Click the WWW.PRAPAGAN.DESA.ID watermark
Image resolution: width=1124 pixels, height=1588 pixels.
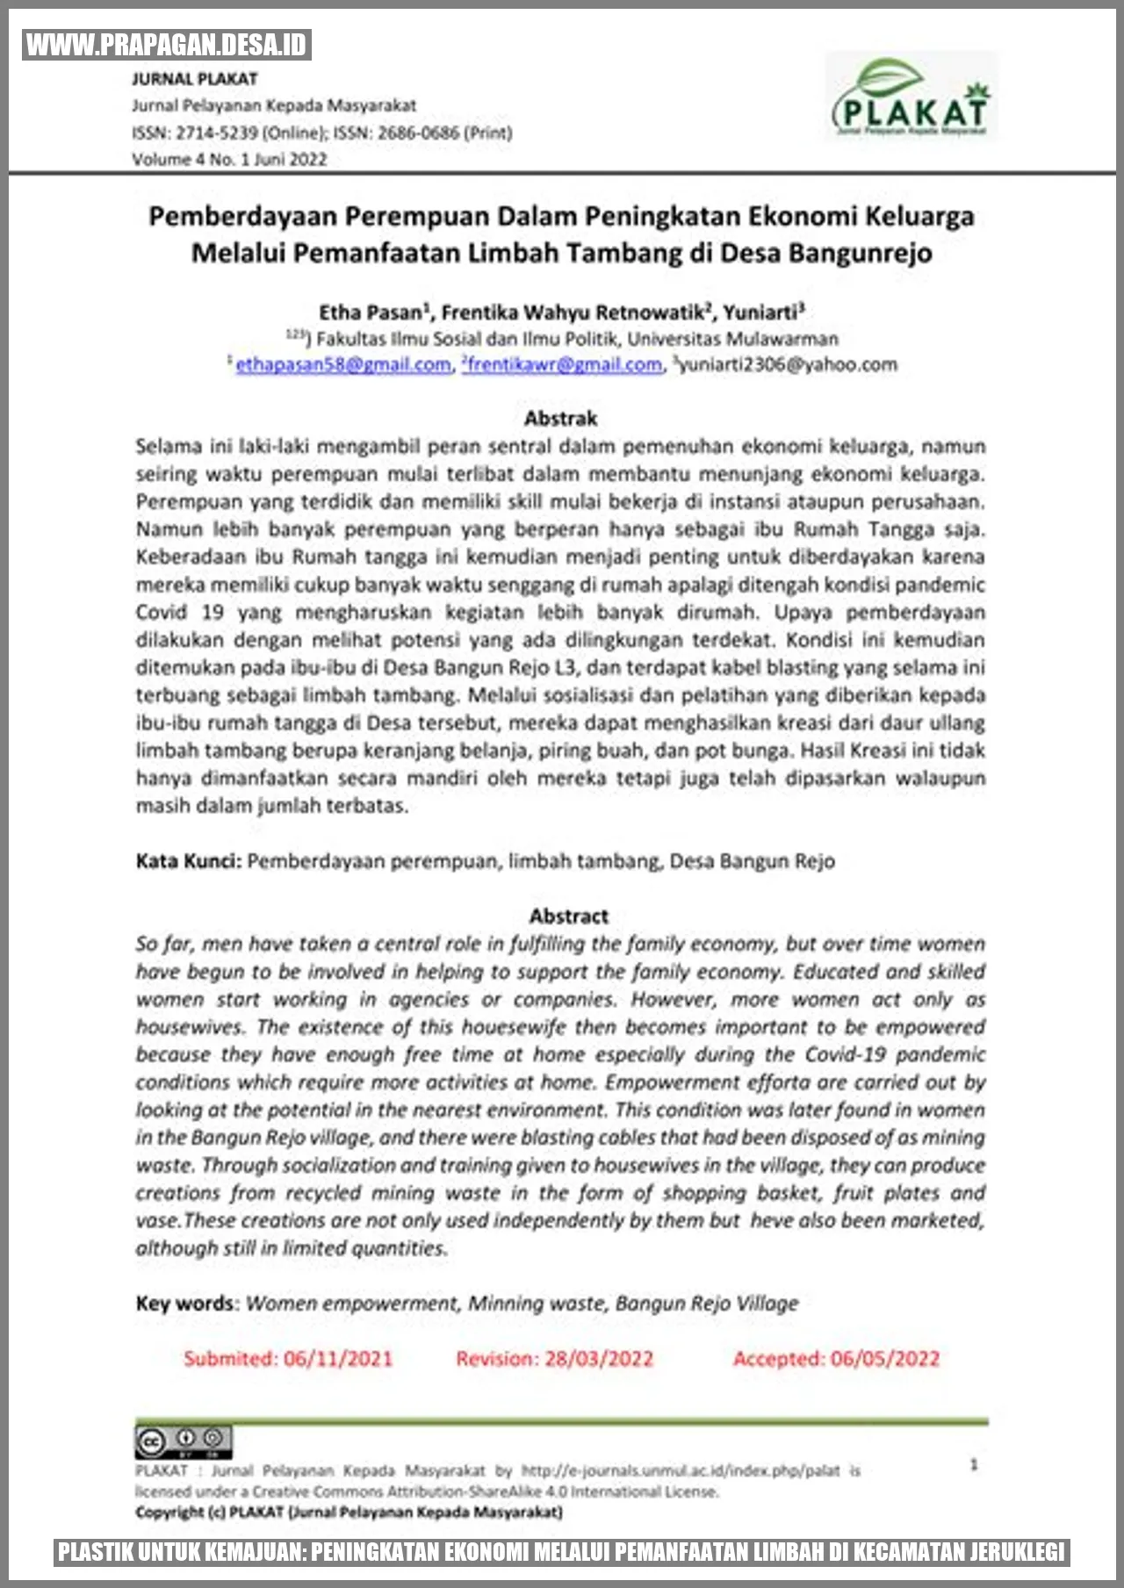click(167, 45)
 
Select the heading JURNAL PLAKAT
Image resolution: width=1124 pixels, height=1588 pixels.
click(195, 79)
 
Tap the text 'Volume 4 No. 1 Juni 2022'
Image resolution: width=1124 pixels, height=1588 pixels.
click(229, 159)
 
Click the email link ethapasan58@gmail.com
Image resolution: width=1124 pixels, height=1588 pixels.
click(342, 364)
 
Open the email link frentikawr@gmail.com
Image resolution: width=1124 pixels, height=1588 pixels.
click(565, 364)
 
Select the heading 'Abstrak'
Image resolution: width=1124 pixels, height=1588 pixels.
click(560, 419)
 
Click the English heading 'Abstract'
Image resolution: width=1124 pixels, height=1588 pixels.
click(568, 916)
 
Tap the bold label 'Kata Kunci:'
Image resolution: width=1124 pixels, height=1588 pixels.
click(188, 861)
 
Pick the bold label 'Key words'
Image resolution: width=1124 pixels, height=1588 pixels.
click(185, 1304)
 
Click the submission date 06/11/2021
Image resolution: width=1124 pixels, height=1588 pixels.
click(338, 1359)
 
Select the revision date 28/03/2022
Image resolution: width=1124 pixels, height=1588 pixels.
click(599, 1359)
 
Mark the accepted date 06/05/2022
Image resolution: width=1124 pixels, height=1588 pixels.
click(885, 1359)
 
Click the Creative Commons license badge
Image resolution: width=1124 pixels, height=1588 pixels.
click(184, 1441)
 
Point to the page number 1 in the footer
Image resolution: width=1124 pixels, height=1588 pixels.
click(974, 1464)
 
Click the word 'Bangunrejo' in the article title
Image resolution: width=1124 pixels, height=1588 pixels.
click(860, 253)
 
